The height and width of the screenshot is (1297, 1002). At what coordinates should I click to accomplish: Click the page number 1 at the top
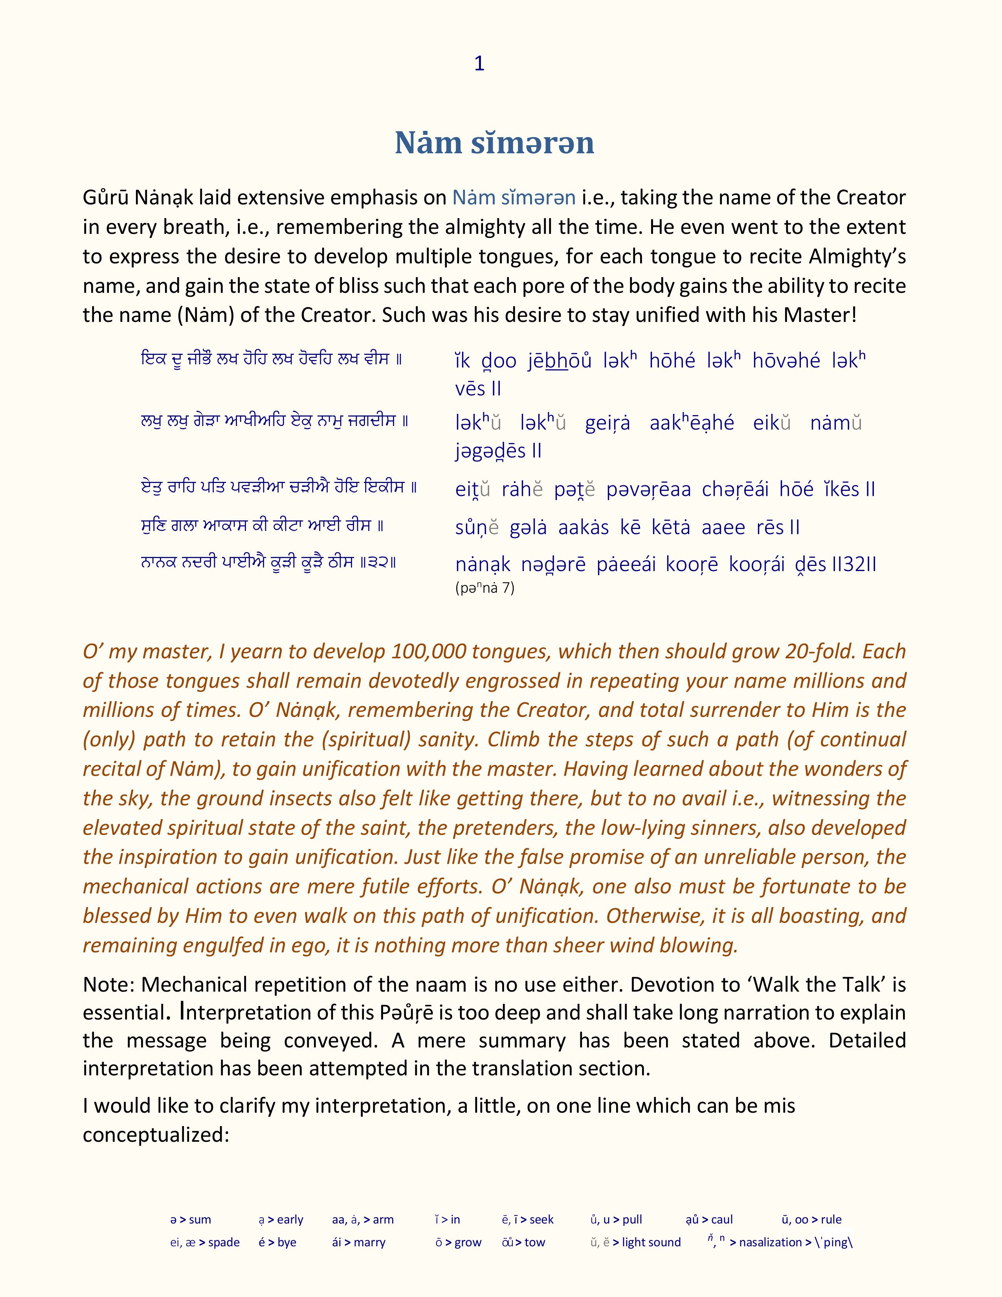(x=480, y=64)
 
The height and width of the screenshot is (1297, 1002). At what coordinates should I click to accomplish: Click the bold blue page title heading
(x=494, y=143)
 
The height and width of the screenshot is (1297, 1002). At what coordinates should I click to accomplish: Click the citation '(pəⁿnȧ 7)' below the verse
(x=484, y=588)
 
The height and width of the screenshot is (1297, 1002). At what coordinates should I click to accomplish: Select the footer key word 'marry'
(x=369, y=1242)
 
